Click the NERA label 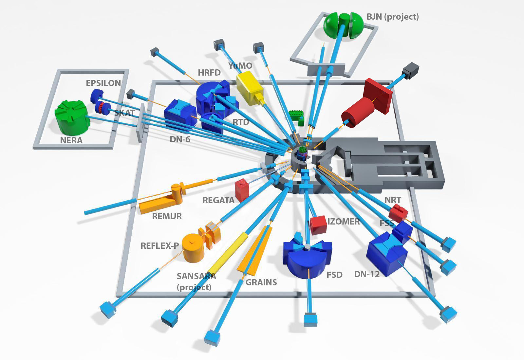71,140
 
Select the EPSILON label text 103,83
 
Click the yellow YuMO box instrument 250,88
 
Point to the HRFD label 209,73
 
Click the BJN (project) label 393,17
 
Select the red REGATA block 242,190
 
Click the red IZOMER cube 318,225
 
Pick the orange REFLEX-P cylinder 193,247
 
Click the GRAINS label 261,282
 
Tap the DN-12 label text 367,274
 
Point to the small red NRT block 398,212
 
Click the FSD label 334,275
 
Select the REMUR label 167,216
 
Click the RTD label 241,122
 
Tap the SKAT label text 125,113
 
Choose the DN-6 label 180,139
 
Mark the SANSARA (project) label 196,282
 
